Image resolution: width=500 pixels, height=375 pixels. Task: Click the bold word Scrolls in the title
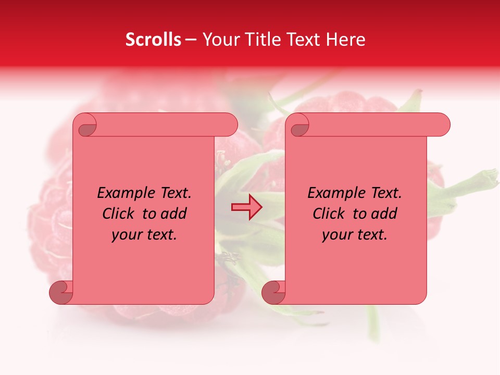(154, 40)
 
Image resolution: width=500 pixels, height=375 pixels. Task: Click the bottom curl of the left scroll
(61, 292)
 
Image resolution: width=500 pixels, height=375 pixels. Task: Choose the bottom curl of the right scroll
(273, 292)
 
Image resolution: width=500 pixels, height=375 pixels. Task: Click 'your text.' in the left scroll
(144, 235)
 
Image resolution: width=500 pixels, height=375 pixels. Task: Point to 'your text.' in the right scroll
(355, 235)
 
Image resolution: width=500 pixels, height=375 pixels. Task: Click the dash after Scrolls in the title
(191, 40)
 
